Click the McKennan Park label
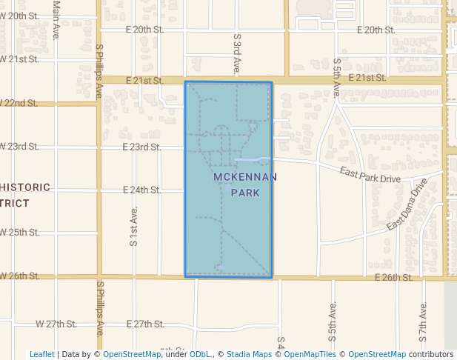245,184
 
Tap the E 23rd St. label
144,147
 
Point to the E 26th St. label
393,277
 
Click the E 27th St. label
144,324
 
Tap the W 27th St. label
56,324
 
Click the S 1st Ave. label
134,227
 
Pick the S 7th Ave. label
424,321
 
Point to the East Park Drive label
370,175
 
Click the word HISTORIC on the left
24,187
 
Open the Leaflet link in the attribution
41,354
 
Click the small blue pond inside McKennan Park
251,159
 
